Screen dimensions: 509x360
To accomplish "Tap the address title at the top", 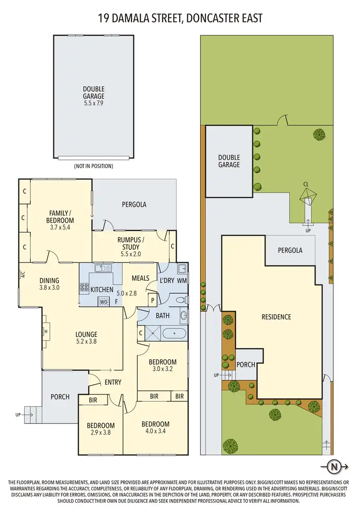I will tap(180, 18).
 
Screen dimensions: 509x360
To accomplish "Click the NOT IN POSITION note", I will tap(93, 166).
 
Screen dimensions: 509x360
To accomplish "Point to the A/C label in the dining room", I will tap(23, 275).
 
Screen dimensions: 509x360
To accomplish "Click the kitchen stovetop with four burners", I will tap(84, 288).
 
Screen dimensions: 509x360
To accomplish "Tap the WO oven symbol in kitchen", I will tap(103, 302).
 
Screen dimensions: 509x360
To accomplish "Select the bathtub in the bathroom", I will tap(173, 332).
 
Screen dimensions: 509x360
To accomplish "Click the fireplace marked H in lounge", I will tap(46, 331).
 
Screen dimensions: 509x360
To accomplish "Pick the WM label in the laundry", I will tap(182, 280).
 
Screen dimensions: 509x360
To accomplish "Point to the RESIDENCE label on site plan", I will tap(276, 317).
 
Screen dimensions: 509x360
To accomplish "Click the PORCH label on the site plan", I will tap(246, 365).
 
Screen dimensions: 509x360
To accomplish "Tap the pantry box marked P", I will tap(153, 301).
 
